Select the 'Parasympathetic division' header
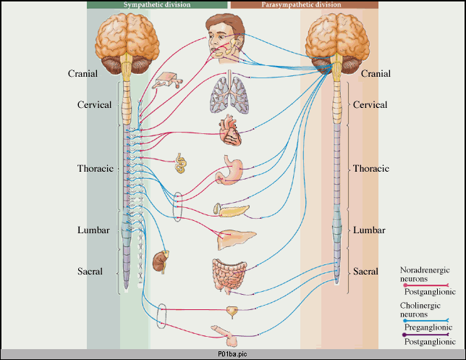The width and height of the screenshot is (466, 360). coord(304,4)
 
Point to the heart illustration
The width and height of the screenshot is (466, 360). coord(234,132)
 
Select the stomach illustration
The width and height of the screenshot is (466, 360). coord(232,174)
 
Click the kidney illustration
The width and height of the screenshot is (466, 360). coord(163,260)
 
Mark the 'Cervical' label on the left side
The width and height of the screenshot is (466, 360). coord(94,105)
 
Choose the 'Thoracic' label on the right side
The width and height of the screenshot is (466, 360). coord(371,169)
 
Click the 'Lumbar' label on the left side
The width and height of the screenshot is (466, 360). coord(93,230)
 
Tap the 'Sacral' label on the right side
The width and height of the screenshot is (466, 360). coord(365,272)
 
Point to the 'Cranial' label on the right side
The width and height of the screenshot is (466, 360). coord(376,74)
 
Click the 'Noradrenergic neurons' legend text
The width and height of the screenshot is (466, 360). coord(424,274)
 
